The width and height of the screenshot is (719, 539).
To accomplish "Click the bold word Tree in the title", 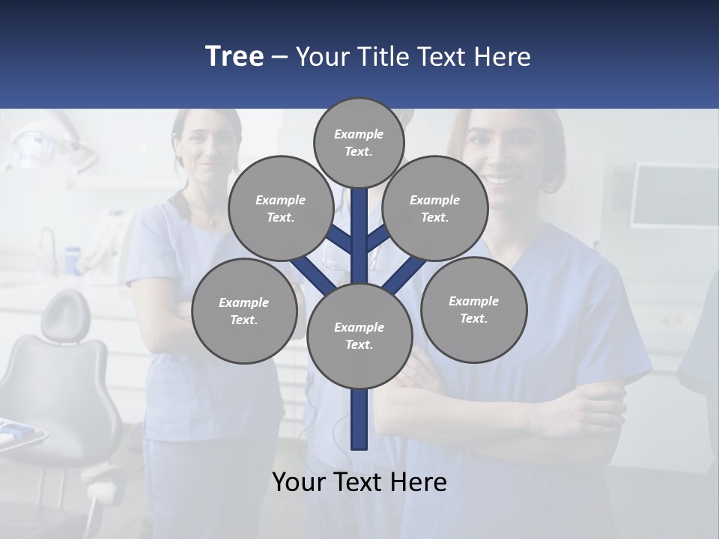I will [x=234, y=57].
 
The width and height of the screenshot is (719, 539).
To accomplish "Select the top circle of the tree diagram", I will [x=359, y=142].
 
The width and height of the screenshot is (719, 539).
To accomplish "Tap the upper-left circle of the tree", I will [x=280, y=208].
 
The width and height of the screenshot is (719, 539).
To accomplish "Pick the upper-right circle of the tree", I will [x=435, y=208].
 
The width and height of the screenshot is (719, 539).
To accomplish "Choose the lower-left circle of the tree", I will [x=244, y=311].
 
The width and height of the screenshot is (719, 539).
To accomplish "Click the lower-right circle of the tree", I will [x=473, y=309].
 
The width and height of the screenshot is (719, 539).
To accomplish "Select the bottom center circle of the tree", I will [x=359, y=336].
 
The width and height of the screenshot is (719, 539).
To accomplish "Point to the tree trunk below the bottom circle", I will [x=359, y=419].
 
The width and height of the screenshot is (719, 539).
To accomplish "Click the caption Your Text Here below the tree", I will [x=359, y=482].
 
